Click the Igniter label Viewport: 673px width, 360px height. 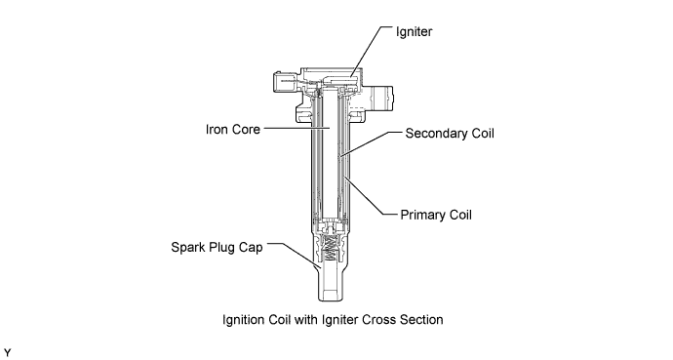click(414, 32)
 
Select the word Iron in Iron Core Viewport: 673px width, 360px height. click(216, 129)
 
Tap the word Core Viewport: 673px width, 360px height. click(245, 129)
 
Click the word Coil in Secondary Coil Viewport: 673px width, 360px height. click(483, 134)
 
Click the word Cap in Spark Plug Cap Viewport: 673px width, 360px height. click(252, 248)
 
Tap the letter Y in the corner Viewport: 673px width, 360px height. click(7, 353)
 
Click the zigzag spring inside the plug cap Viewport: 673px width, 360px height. click(330, 248)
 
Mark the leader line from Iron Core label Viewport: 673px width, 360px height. click(297, 128)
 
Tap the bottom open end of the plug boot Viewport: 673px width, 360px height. click(331, 300)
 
